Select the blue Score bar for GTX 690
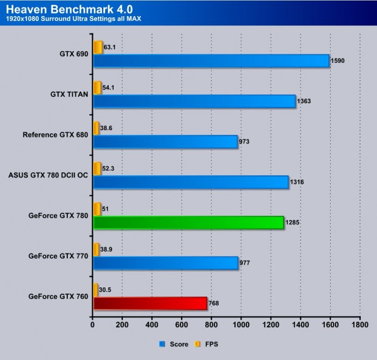pyautogui.click(x=211, y=61)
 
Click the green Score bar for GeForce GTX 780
pyautogui.click(x=188, y=222)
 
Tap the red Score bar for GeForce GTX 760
pyautogui.click(x=150, y=303)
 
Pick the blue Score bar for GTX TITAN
pyautogui.click(x=194, y=101)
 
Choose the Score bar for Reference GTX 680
pyautogui.click(x=165, y=142)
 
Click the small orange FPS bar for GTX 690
pyautogui.click(x=98, y=47)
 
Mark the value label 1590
pyautogui.click(x=338, y=61)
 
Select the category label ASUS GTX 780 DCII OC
pyautogui.click(x=48, y=175)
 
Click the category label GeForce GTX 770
pyautogui.click(x=58, y=256)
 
